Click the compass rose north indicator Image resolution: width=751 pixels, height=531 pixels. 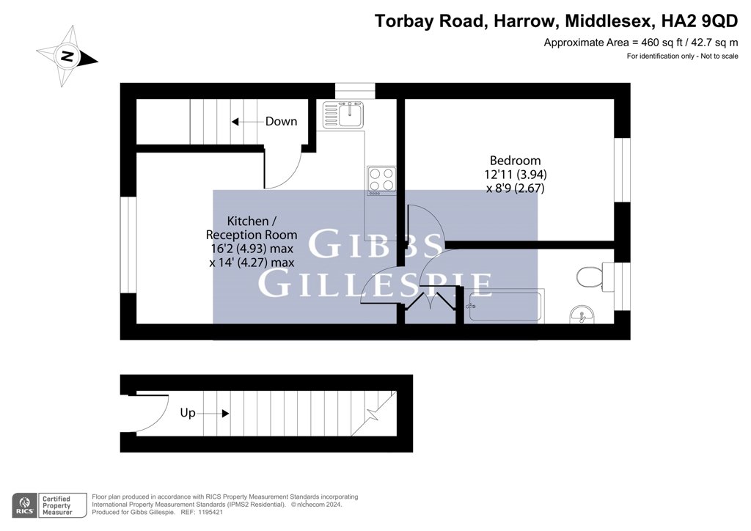pos(67,56)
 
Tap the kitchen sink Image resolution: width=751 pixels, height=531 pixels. pos(343,115)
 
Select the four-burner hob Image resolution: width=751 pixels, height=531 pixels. pos(381,180)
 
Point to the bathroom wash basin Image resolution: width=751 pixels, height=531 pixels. pos(582,315)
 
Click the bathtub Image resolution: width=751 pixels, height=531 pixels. pos(505,306)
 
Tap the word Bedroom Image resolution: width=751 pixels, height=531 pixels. pos(515,161)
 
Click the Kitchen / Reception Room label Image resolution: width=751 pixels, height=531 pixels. pos(252,228)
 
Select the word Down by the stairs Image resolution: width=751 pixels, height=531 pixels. pos(281,122)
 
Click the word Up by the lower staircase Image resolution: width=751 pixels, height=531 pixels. pos(188,413)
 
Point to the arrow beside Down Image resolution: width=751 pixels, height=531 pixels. pos(248,122)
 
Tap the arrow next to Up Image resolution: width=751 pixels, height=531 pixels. pos(213,413)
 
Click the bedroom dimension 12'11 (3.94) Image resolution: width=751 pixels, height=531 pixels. pos(516,175)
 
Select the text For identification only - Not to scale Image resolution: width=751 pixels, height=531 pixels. pos(683,56)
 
